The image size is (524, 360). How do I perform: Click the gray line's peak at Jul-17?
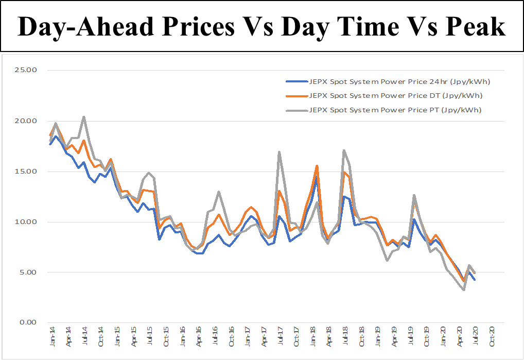click(x=279, y=152)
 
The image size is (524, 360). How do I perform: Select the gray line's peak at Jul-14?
click(x=84, y=117)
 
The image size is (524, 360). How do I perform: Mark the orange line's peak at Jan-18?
click(x=317, y=166)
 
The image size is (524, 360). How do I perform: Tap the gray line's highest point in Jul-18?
click(x=344, y=150)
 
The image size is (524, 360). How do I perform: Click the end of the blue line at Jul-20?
click(x=475, y=280)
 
